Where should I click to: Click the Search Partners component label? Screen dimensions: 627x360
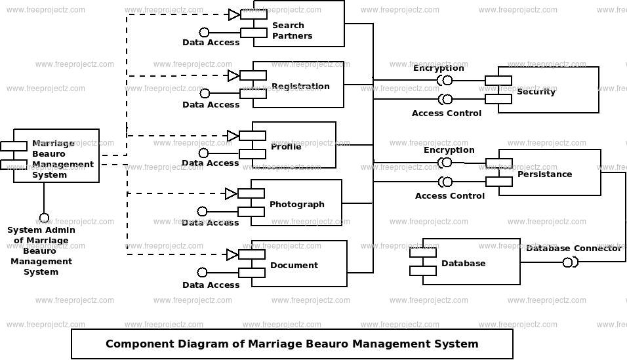pyautogui.click(x=292, y=30)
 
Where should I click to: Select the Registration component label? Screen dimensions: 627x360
pyautogui.click(x=300, y=87)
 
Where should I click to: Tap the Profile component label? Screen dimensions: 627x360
pyautogui.click(x=286, y=147)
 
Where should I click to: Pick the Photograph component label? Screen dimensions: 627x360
pyautogui.click(x=296, y=205)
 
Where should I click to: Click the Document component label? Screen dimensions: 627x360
pyautogui.click(x=294, y=265)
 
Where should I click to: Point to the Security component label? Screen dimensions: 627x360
pyautogui.click(x=536, y=92)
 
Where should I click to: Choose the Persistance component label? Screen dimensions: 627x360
pyautogui.click(x=544, y=174)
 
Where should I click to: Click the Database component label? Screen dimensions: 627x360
pyautogui.click(x=464, y=263)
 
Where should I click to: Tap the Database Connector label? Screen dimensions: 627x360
pyautogui.click(x=574, y=249)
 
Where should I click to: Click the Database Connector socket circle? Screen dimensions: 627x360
pyautogui.click(x=567, y=263)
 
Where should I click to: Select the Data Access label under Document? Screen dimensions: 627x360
pyautogui.click(x=211, y=285)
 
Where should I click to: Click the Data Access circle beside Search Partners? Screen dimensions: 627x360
pyautogui.click(x=205, y=32)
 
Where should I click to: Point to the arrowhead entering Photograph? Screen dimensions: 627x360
pyautogui.click(x=232, y=194)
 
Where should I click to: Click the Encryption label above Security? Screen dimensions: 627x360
pyautogui.click(x=439, y=68)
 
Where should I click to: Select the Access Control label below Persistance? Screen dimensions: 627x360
pyautogui.click(x=450, y=196)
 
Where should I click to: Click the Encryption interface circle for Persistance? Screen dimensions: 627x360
pyautogui.click(x=447, y=163)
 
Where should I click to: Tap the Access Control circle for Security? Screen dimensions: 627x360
pyautogui.click(x=447, y=99)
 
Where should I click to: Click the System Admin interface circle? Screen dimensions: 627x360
pyautogui.click(x=44, y=218)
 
